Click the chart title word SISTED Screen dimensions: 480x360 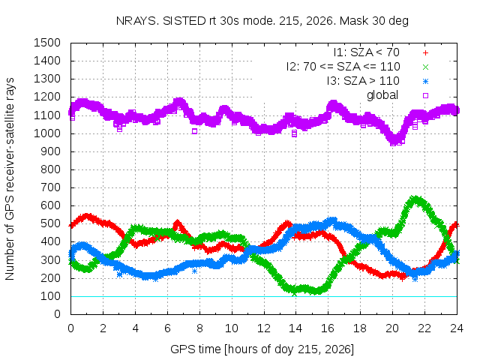tap(184, 21)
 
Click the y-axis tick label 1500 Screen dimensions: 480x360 tap(47, 43)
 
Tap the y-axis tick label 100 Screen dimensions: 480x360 tap(51, 296)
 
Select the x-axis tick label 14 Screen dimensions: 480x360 tap(295, 328)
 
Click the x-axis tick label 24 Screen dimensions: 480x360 tap(457, 328)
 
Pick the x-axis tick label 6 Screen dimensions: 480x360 tap(167, 328)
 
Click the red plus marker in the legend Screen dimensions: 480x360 tap(425, 53)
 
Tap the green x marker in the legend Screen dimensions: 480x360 tap(425, 67)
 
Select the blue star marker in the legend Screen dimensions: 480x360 tap(425, 82)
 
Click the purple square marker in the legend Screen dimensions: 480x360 tap(425, 95)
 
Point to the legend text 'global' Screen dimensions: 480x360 tap(382, 95)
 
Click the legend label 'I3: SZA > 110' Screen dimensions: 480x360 tap(363, 81)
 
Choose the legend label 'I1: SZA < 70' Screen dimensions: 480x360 tap(367, 52)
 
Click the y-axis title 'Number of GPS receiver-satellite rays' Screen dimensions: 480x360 tap(10, 178)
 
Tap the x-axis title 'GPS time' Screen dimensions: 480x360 tap(195, 349)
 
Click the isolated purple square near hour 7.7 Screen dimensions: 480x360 tap(194, 131)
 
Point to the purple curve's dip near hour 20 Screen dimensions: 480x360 tap(394, 142)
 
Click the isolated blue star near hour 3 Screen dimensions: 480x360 tap(119, 274)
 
